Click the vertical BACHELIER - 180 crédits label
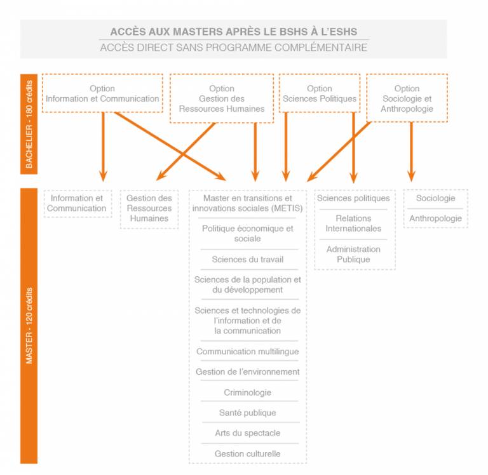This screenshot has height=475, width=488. tap(29, 124)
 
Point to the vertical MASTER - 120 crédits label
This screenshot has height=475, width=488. tap(29, 326)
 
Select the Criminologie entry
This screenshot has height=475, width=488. tap(247, 392)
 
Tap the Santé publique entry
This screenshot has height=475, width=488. tap(247, 413)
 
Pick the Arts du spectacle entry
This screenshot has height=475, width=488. tap(247, 433)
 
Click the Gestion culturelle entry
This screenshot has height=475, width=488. tap(247, 454)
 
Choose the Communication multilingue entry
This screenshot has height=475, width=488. tap(247, 352)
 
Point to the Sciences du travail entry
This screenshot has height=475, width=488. tap(247, 260)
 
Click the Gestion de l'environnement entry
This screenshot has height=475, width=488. tap(247, 371)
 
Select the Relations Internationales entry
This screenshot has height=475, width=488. tap(353, 224)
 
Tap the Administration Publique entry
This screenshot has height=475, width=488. tap(353, 254)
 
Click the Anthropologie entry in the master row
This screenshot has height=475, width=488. tap(435, 218)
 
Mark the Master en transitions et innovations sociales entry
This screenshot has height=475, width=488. tap(247, 203)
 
